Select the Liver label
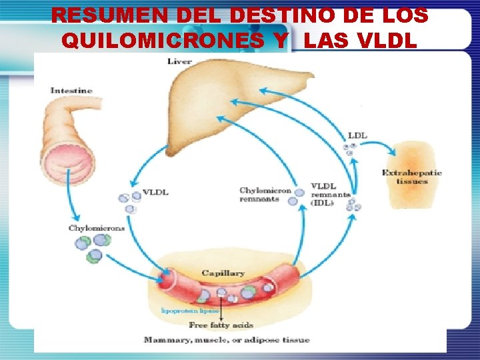pos(179,61)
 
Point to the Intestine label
pos(71,90)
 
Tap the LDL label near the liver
pos(357,135)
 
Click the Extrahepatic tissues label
pos(411,177)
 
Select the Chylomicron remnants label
pos(265,195)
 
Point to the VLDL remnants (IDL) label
pos(330,194)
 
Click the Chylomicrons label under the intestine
pos(96,228)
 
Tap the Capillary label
pos(223,273)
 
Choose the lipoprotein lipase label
pos(187,311)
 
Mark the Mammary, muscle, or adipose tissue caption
pos(227,340)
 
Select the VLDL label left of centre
pos(155,193)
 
